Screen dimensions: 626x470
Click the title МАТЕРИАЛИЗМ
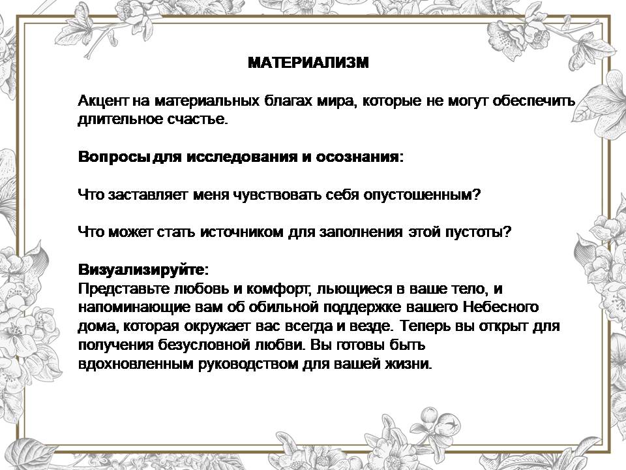pyautogui.click(x=308, y=63)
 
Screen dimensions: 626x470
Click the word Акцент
pyautogui.click(x=103, y=101)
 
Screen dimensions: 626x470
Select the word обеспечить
pyautogui.click(x=534, y=101)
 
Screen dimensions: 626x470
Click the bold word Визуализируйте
pyautogui.click(x=142, y=270)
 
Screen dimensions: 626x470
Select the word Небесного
pyautogui.click(x=501, y=307)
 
